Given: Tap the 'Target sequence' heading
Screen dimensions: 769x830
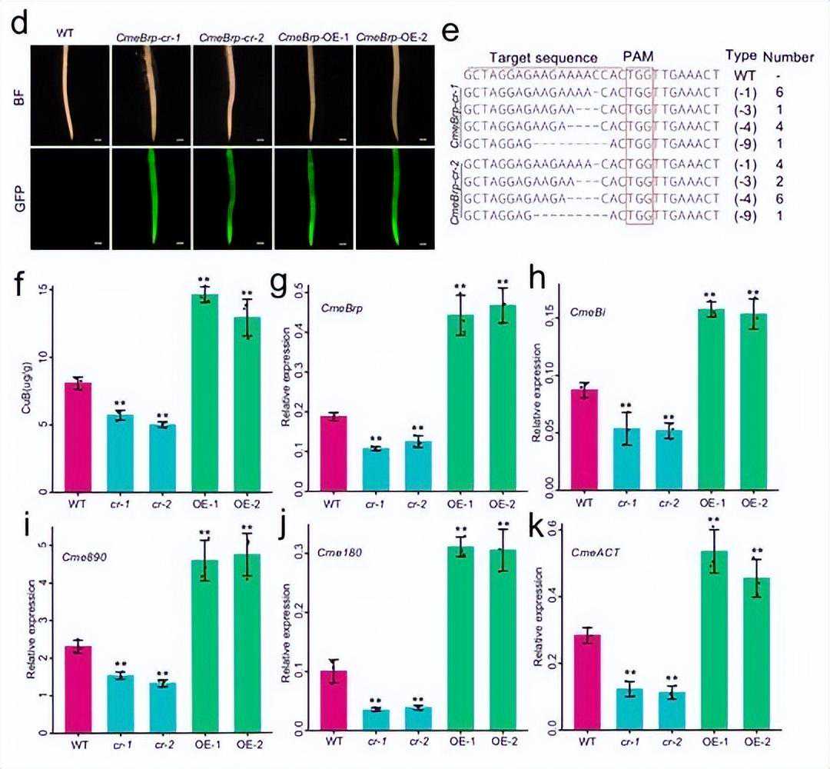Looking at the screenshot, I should (x=543, y=58).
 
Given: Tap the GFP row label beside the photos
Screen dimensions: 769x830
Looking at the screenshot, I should (x=17, y=198).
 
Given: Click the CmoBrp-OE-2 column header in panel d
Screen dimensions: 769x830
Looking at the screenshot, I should (x=393, y=37).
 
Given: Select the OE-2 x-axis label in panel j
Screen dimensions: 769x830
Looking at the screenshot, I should (x=503, y=742).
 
